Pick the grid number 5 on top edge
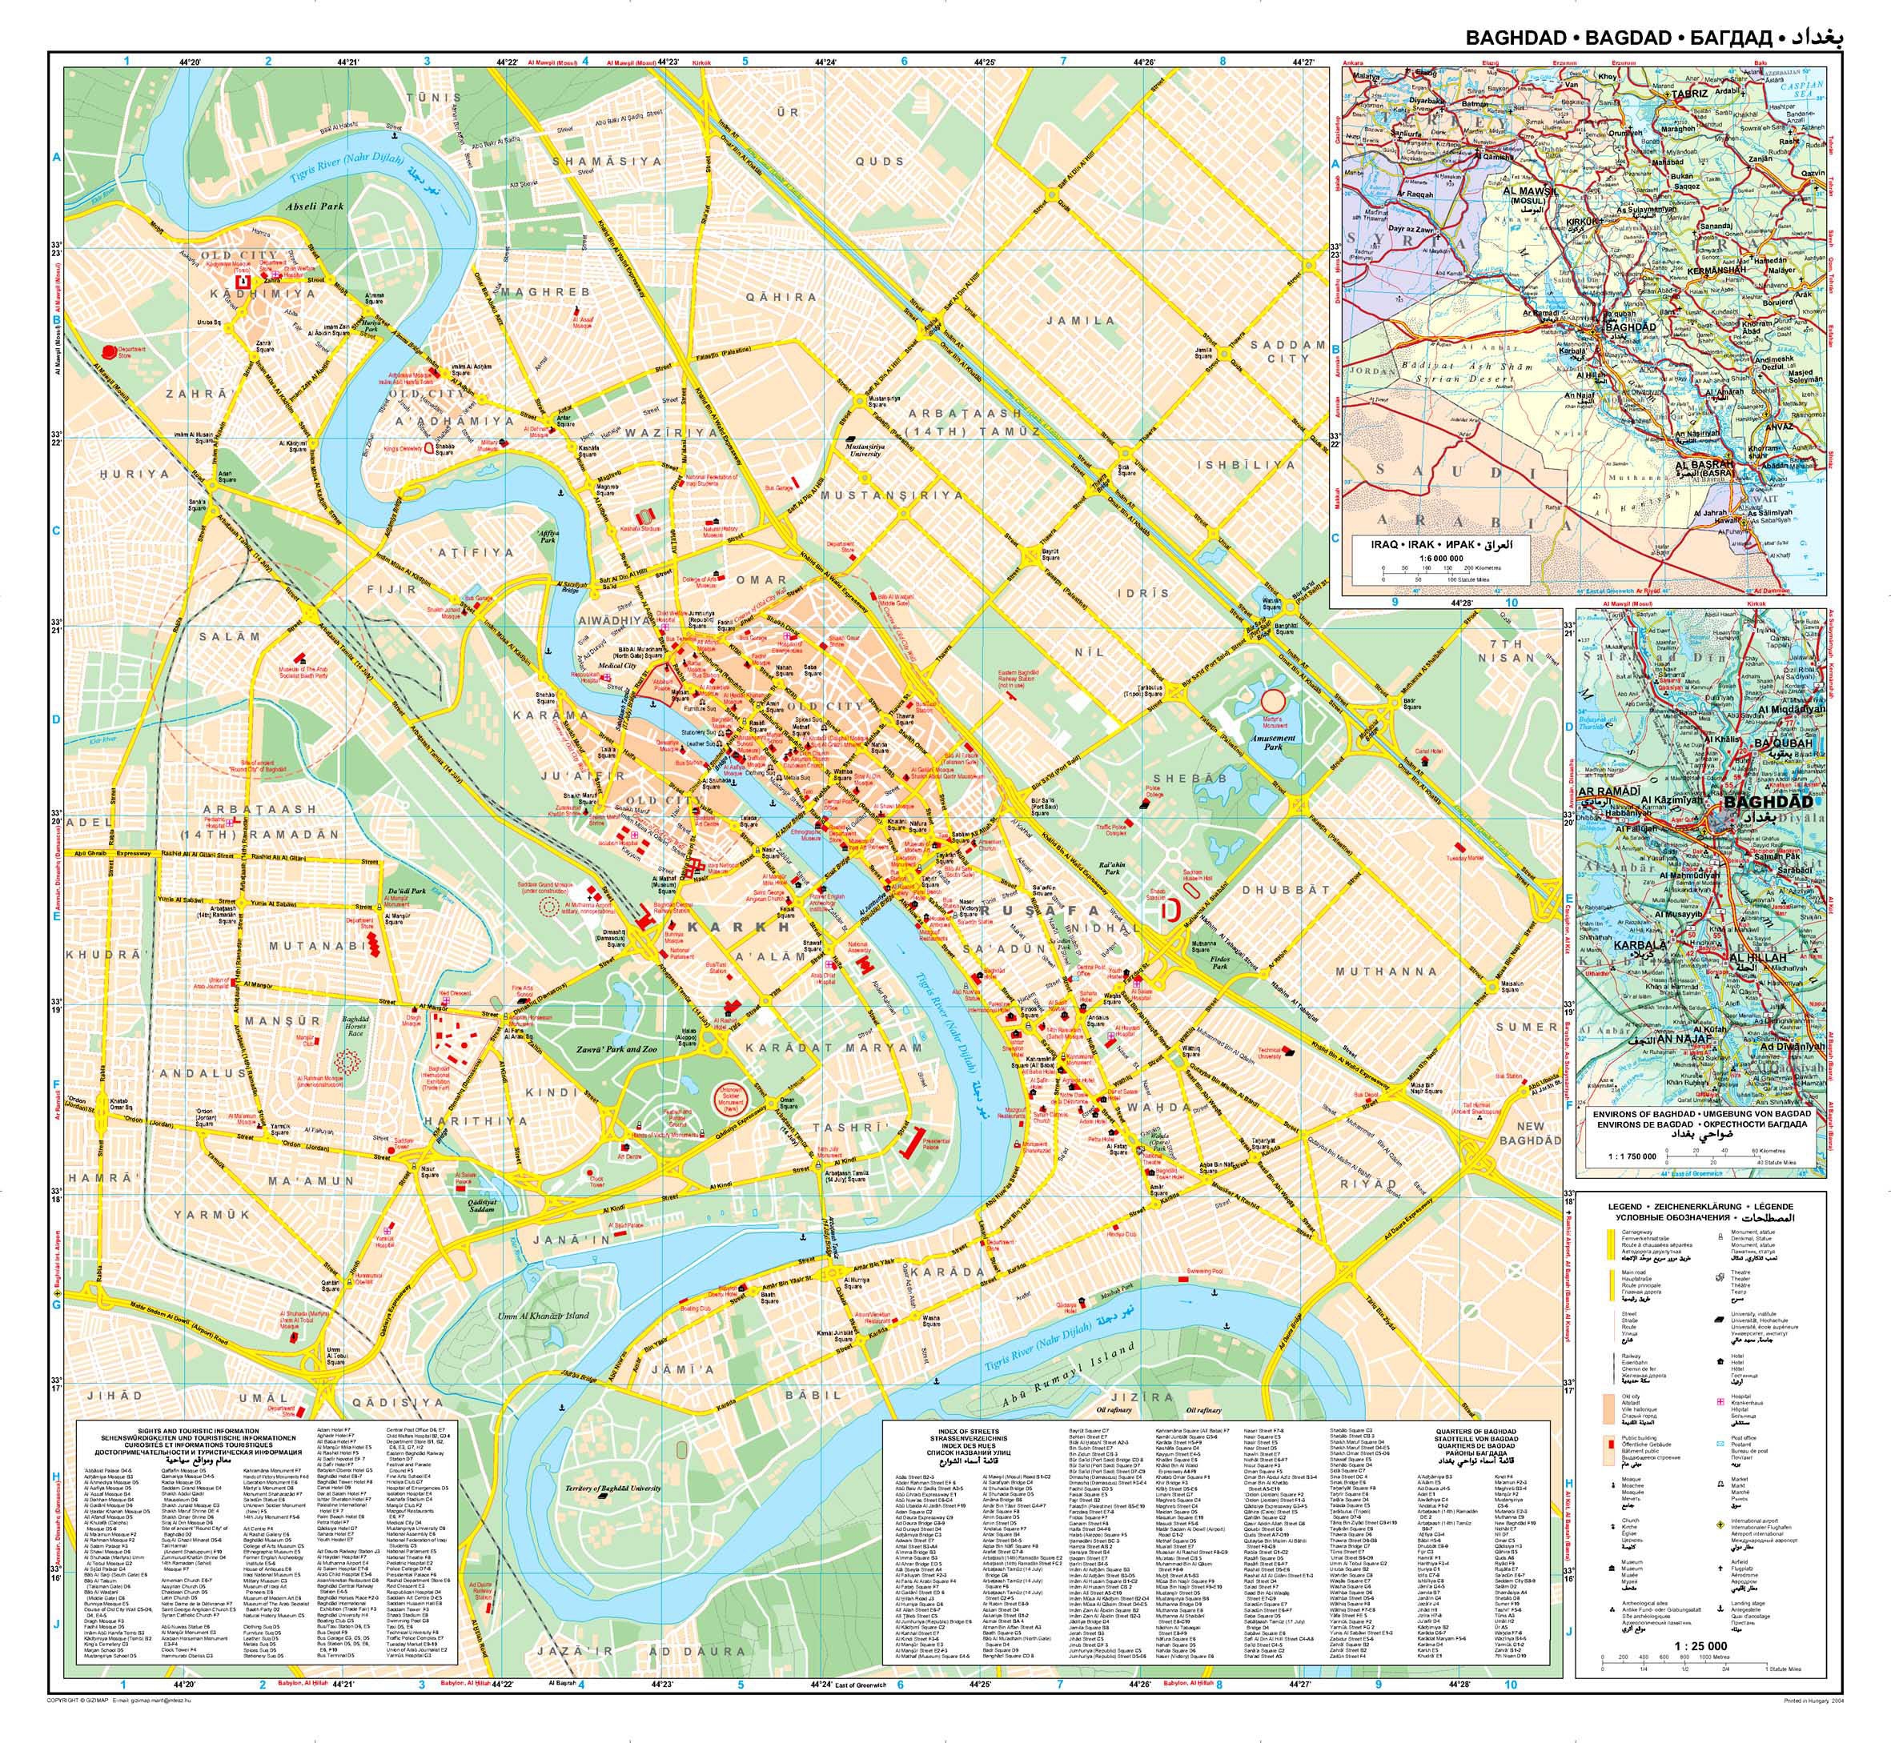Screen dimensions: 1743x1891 pos(745,62)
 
